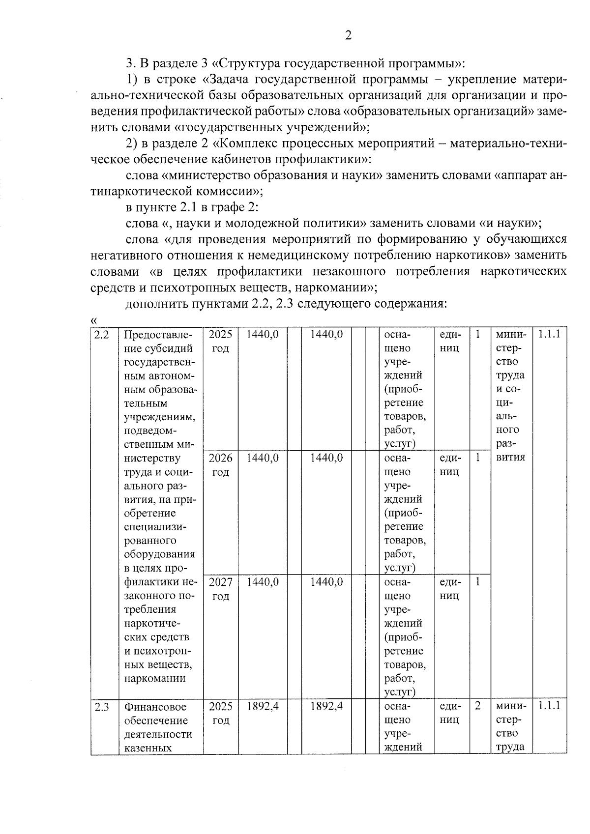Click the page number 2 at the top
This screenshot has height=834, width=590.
coord(348,35)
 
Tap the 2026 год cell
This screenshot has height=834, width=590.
coord(221,465)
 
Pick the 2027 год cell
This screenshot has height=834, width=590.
coord(221,589)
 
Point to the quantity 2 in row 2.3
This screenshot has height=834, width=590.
coord(478,706)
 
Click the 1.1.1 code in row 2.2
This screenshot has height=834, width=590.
coord(549,335)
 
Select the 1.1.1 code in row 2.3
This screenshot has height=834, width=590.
coord(549,706)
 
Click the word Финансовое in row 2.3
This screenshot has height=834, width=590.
coord(155,707)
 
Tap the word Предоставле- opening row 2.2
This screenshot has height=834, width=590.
coord(158,335)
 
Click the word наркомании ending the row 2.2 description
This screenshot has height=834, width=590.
coord(155,679)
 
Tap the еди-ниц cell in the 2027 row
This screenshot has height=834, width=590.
coord(450,589)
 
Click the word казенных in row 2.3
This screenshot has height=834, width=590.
coord(147,748)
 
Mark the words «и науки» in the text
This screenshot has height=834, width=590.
coord(509,223)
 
